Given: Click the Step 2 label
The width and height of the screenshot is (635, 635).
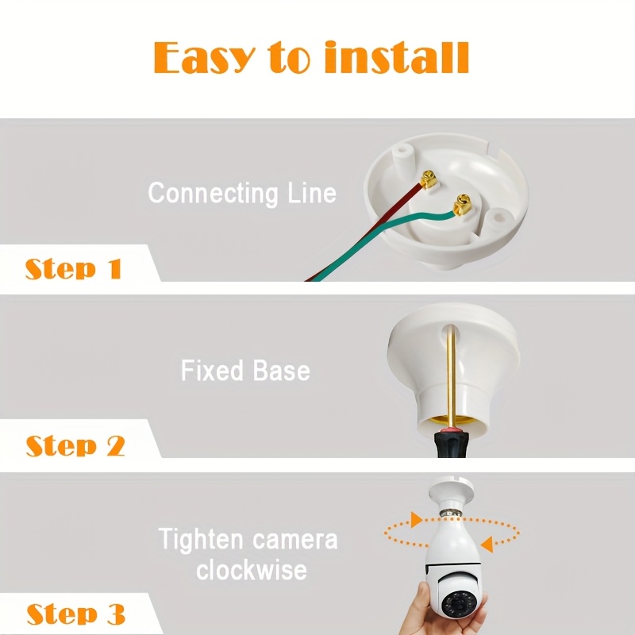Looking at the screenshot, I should [75, 445].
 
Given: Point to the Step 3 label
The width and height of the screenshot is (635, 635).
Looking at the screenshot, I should [75, 614].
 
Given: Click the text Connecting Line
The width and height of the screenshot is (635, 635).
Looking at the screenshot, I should [242, 193].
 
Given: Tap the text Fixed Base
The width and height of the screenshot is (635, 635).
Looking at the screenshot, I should [245, 371].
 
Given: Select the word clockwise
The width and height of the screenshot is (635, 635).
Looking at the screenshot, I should [252, 570].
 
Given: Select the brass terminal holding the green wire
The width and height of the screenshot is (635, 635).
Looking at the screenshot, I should [459, 208].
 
